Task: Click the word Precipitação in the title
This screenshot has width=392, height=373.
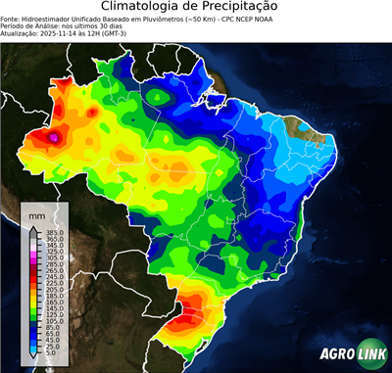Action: tap(250, 8)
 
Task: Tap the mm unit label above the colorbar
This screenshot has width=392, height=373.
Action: tap(35, 214)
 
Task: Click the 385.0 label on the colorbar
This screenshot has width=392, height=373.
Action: tap(54, 232)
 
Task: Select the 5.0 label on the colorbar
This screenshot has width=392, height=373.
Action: tap(52, 354)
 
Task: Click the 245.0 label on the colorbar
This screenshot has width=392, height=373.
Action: tap(54, 277)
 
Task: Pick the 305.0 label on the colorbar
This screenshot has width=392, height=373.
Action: tap(54, 257)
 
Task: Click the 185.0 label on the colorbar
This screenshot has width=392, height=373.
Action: tap(54, 297)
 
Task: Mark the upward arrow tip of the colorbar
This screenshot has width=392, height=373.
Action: tap(32, 226)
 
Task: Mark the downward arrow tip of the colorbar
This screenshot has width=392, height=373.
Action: tap(32, 360)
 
